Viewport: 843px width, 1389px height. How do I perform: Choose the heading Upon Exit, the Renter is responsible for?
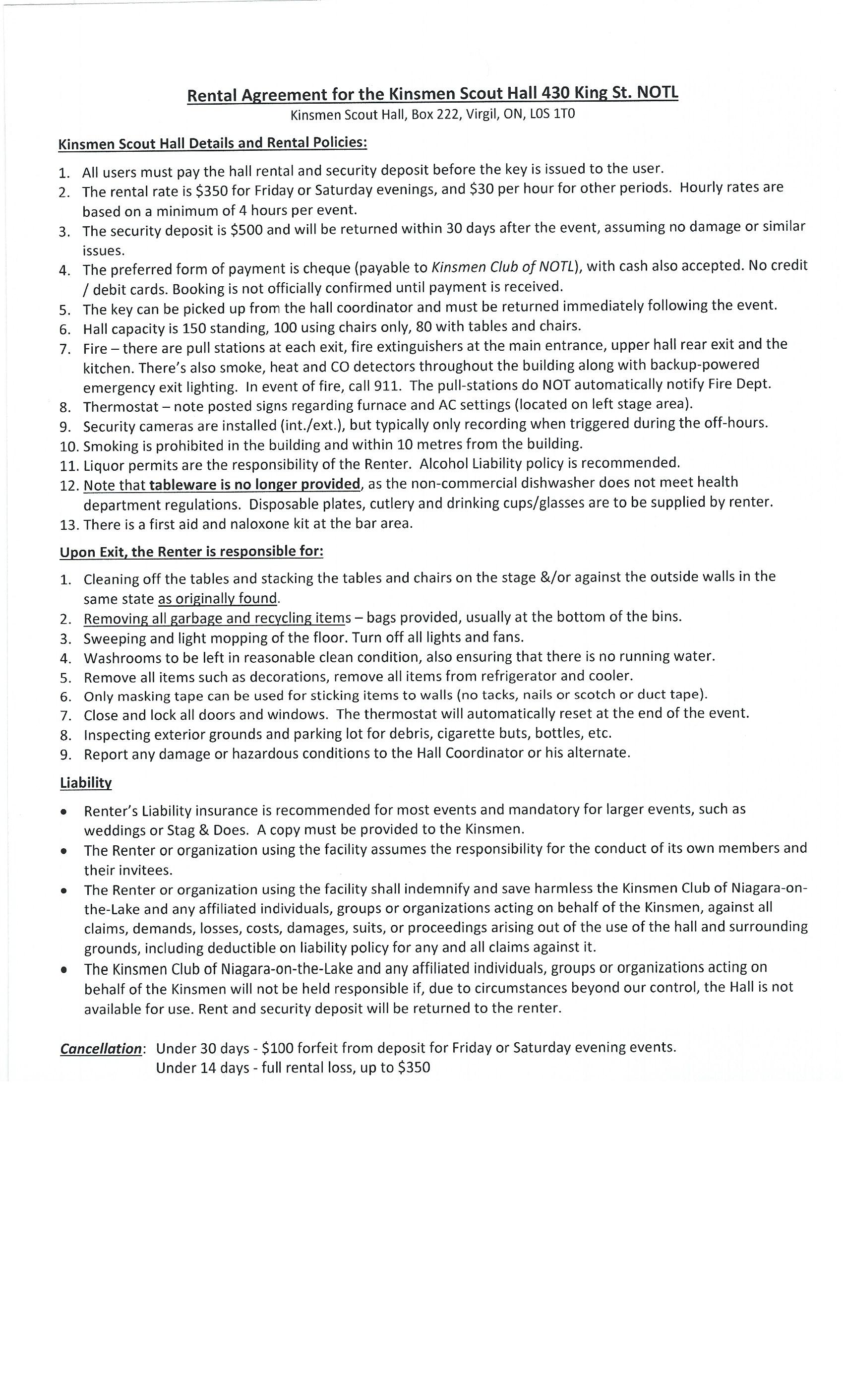click(x=191, y=551)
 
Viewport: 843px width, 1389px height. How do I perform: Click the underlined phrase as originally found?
click(x=219, y=598)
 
